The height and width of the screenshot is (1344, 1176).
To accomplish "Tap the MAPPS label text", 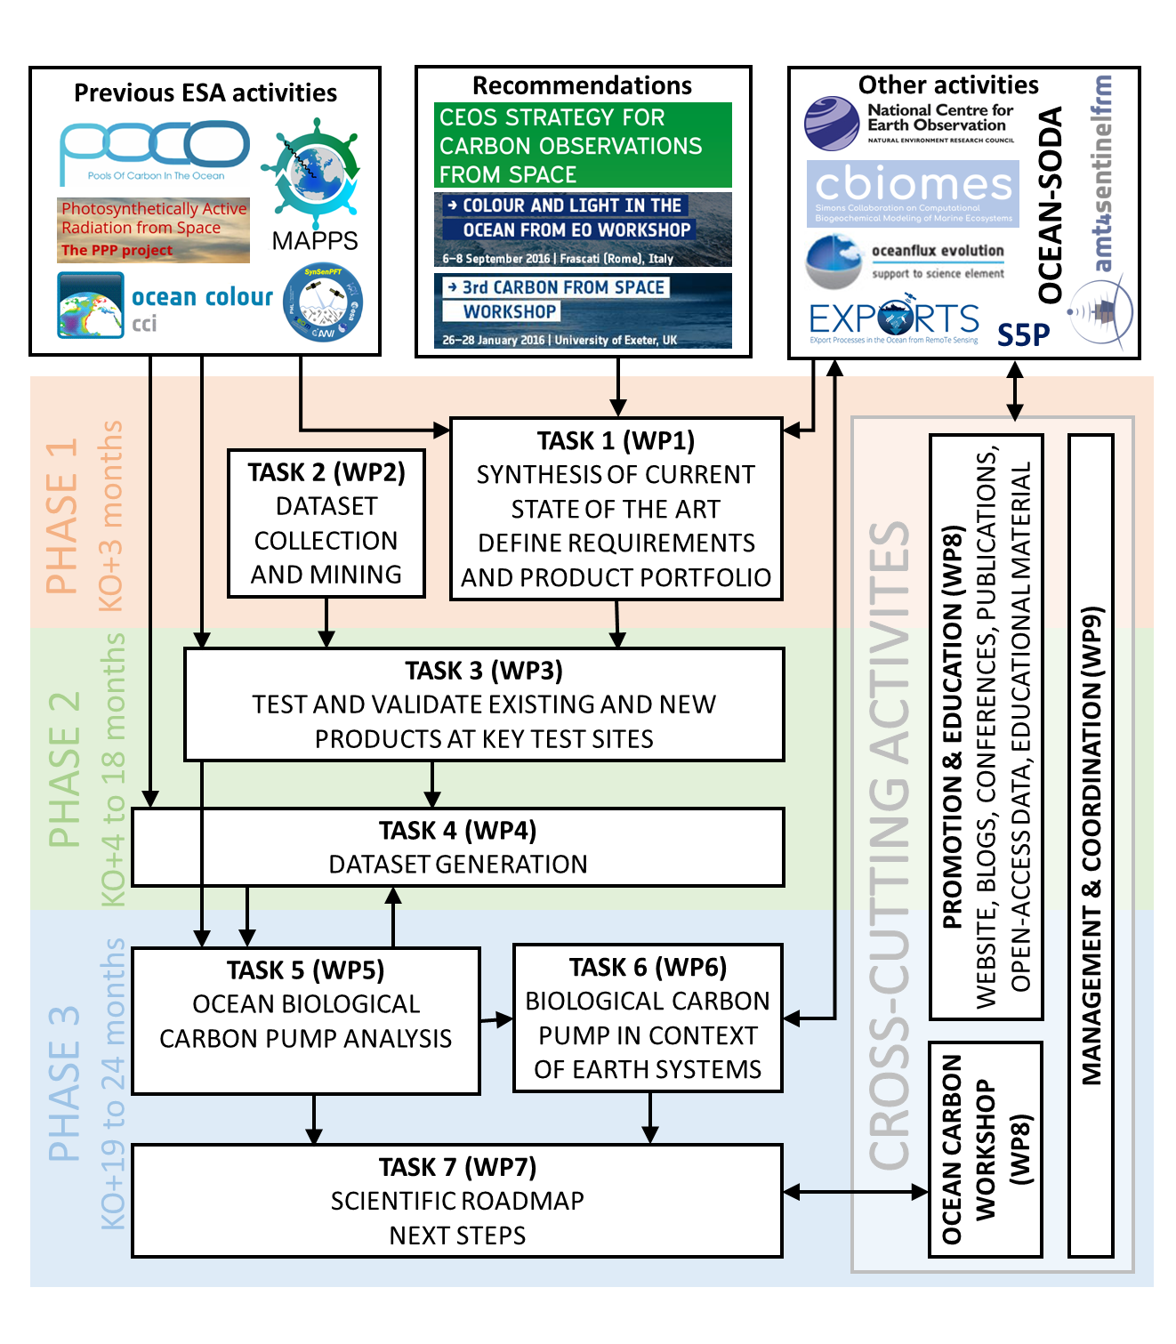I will pyautogui.click(x=315, y=240).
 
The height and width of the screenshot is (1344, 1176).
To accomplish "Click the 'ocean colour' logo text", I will pyautogui.click(x=202, y=297).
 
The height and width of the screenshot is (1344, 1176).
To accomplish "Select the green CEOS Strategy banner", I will pyautogui.click(x=583, y=145).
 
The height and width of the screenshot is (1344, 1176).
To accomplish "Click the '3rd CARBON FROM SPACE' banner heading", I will pyautogui.click(x=563, y=287).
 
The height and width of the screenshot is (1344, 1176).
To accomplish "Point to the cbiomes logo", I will pyautogui.click(x=913, y=192).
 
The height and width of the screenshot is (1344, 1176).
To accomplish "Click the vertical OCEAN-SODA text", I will pyautogui.click(x=1051, y=205).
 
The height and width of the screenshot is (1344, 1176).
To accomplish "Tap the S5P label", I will pyautogui.click(x=1023, y=335).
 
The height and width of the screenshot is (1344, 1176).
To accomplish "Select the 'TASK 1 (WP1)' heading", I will pyautogui.click(x=616, y=441).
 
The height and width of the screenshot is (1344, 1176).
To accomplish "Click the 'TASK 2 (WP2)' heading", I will pyautogui.click(x=326, y=472).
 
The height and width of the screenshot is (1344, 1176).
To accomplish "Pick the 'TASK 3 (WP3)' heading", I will pyautogui.click(x=484, y=671).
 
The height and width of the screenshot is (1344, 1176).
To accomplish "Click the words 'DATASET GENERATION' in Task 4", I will pyautogui.click(x=458, y=865).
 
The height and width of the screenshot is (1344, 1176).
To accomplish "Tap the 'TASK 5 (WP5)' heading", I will pyautogui.click(x=305, y=970).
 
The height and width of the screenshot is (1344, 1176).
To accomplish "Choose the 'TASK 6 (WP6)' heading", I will pyautogui.click(x=648, y=967).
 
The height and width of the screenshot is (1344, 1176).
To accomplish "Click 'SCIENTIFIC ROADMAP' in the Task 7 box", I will pyautogui.click(x=457, y=1202).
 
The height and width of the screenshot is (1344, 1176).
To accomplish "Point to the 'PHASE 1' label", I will pyautogui.click(x=62, y=517).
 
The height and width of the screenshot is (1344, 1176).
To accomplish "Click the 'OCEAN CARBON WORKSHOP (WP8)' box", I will pyautogui.click(x=985, y=1149).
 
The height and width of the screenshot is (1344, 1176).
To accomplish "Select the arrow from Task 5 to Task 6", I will pyautogui.click(x=496, y=1020).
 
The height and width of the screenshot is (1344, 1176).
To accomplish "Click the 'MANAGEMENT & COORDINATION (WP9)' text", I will pyautogui.click(x=1091, y=845).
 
